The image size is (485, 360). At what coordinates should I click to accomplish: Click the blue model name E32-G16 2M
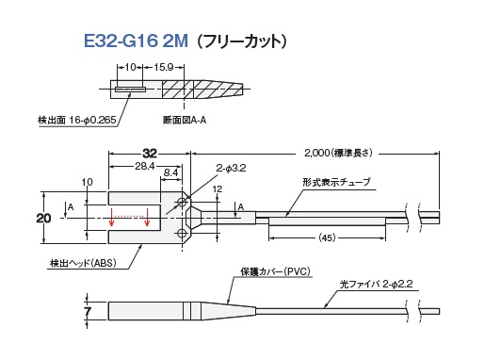(136, 41)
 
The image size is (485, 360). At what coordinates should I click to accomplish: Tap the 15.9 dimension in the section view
(164, 67)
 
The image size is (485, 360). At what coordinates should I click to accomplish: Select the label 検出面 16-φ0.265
(77, 120)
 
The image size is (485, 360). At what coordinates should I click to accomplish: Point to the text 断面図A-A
(185, 120)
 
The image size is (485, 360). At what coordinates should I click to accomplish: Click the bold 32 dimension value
(150, 154)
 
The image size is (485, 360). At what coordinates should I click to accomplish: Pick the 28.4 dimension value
(145, 166)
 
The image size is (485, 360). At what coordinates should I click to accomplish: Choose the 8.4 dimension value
(170, 172)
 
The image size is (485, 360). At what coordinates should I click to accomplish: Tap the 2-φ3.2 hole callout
(231, 169)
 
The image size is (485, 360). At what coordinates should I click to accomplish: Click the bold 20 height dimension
(43, 218)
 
